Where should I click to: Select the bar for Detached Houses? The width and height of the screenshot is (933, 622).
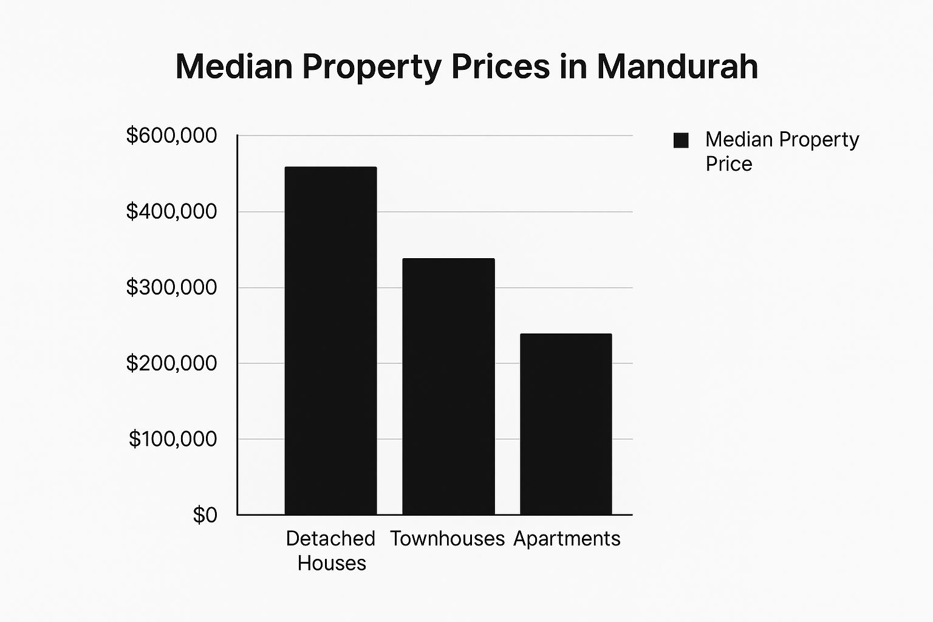point(330,340)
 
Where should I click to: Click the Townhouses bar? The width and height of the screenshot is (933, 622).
point(448,386)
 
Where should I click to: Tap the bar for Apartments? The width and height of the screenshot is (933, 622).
point(566,424)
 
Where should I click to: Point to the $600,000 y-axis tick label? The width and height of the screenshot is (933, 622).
point(171,135)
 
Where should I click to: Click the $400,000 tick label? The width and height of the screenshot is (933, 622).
point(171,211)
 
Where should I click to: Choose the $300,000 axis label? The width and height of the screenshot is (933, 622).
point(171,287)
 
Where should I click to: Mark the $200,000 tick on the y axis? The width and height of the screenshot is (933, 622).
point(171,363)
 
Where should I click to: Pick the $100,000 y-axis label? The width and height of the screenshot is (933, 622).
point(173,439)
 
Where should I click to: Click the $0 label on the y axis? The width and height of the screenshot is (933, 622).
point(205,515)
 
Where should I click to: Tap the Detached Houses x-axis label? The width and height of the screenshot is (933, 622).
point(331,550)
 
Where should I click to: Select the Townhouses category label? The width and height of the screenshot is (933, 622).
point(448,539)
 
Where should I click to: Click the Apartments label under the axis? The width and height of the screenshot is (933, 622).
point(567,539)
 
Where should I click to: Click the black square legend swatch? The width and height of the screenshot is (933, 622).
point(681,140)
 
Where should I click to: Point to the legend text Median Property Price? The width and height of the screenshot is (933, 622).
point(782,151)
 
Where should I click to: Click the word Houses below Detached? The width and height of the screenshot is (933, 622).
point(332,563)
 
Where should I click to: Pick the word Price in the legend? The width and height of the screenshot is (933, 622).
point(729,164)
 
